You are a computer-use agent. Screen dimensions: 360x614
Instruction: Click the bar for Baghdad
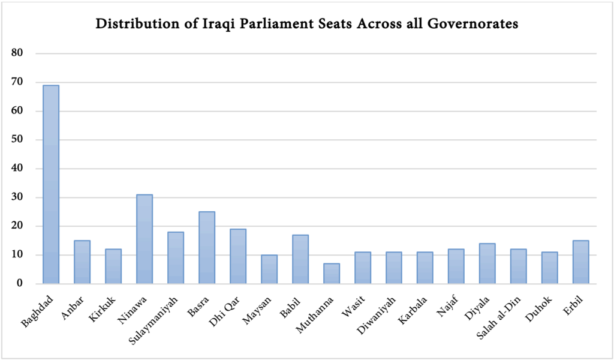point(50,184)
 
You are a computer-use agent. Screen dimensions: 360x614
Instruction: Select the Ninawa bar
point(144,239)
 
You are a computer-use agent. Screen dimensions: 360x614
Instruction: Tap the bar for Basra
point(206,247)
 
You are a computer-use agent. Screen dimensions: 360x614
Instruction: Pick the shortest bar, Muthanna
point(331,273)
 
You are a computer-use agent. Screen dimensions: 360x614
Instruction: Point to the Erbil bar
point(580,262)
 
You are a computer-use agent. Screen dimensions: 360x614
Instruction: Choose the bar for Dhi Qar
point(237,256)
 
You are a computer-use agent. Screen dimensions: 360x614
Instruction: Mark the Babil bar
point(300,259)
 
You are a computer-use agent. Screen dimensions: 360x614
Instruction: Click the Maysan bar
point(269,269)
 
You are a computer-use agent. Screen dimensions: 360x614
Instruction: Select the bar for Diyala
point(487,263)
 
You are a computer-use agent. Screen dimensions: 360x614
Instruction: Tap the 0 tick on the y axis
point(20,284)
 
